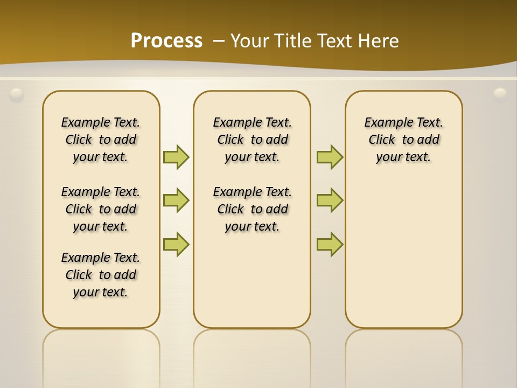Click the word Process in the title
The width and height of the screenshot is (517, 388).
[166, 41]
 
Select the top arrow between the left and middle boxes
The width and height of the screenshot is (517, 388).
[176, 157]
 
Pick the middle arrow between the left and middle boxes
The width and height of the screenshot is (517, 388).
[176, 201]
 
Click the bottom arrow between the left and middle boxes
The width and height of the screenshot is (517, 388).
[176, 244]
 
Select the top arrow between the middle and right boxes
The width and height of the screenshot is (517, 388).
[330, 157]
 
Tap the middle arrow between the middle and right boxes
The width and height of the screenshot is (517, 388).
[330, 201]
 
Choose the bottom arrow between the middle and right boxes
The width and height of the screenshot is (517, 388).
[330, 244]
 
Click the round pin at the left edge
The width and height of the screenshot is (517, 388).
[17, 95]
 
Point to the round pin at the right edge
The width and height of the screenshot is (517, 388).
[500, 95]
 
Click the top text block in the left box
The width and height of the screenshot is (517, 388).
[101, 140]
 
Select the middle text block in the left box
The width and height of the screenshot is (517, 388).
[101, 209]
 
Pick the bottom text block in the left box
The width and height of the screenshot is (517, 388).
[101, 275]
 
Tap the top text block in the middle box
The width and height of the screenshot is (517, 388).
[252, 140]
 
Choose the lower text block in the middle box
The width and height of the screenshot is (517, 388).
[252, 209]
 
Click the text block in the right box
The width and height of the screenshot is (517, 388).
[404, 140]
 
